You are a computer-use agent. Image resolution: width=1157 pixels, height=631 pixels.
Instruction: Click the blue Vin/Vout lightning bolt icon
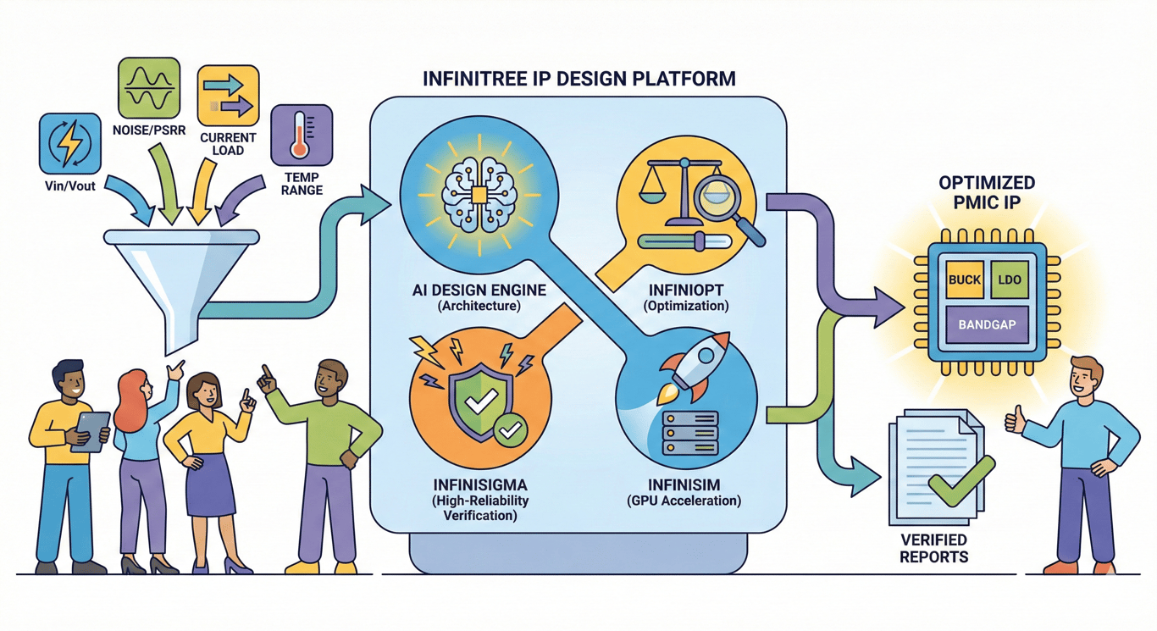click(x=69, y=144)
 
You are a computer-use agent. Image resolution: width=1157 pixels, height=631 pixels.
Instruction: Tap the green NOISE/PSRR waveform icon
click(x=148, y=87)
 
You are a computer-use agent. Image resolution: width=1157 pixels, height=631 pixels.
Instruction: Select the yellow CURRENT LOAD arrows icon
click(x=228, y=95)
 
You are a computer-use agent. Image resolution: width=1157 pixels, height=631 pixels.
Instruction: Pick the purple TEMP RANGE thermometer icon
click(x=301, y=135)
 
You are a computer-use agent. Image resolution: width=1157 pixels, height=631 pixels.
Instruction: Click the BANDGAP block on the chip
click(x=986, y=325)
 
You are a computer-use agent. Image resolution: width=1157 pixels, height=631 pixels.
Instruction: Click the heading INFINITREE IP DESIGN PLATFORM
click(x=579, y=80)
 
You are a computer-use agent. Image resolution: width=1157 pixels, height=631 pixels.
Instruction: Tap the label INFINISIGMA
click(x=480, y=484)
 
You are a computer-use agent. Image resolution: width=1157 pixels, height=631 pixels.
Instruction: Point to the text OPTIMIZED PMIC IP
click(x=986, y=191)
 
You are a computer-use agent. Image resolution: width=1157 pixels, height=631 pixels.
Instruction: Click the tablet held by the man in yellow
click(x=91, y=430)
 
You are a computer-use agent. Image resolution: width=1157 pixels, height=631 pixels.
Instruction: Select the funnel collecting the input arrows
click(x=182, y=271)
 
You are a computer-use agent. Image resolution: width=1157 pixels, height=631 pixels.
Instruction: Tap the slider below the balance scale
click(x=686, y=242)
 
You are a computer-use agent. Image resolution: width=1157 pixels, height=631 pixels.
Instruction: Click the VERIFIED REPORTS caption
click(x=933, y=548)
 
